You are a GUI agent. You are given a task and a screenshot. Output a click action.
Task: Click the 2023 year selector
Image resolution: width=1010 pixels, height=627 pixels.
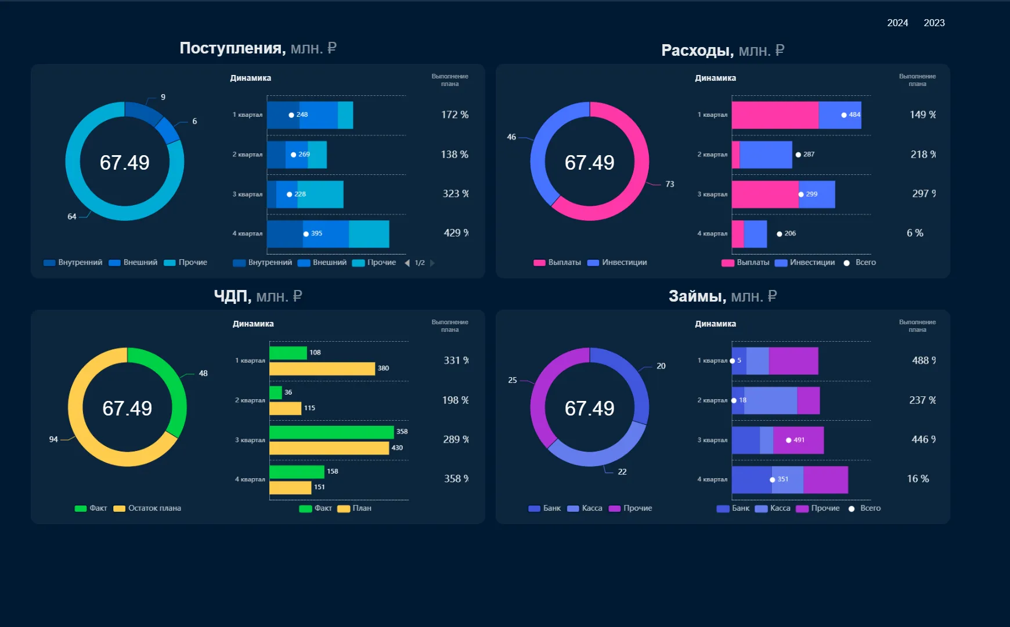[x=934, y=23]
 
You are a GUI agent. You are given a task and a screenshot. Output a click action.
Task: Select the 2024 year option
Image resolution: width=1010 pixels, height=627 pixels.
[x=897, y=23]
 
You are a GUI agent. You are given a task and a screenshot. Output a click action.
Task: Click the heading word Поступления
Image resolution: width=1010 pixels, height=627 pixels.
[x=232, y=48]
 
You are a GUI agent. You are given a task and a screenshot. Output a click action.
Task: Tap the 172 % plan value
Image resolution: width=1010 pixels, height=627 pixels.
[x=454, y=114]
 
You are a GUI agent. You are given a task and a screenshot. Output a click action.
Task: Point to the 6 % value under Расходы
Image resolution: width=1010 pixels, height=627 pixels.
[x=915, y=233]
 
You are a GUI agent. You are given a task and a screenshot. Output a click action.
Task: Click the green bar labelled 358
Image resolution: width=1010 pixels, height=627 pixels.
[x=331, y=432]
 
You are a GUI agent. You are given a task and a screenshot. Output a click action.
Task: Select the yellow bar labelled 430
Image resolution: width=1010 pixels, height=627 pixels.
[x=329, y=448]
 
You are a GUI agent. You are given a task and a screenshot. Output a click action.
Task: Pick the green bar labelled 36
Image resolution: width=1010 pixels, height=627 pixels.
[x=276, y=393]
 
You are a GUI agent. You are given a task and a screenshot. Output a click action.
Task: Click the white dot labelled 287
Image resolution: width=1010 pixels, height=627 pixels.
[x=798, y=155]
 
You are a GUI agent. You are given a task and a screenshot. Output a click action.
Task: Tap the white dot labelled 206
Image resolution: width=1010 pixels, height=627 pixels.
[x=780, y=234]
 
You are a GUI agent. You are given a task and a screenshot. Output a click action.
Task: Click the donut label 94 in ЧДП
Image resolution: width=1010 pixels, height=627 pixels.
[x=53, y=439]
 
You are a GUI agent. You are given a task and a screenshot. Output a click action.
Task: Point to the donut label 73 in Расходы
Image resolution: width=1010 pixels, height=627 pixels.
[x=670, y=184]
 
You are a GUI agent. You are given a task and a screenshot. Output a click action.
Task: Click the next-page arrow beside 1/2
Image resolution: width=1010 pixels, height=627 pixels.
[x=432, y=263]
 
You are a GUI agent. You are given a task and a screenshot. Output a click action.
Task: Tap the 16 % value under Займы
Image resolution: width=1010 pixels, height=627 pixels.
[x=918, y=479]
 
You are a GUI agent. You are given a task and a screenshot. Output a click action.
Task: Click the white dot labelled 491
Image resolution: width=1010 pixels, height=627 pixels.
[x=788, y=440]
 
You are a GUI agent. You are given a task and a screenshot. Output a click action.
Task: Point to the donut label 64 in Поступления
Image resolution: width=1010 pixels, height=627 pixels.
[x=72, y=217]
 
